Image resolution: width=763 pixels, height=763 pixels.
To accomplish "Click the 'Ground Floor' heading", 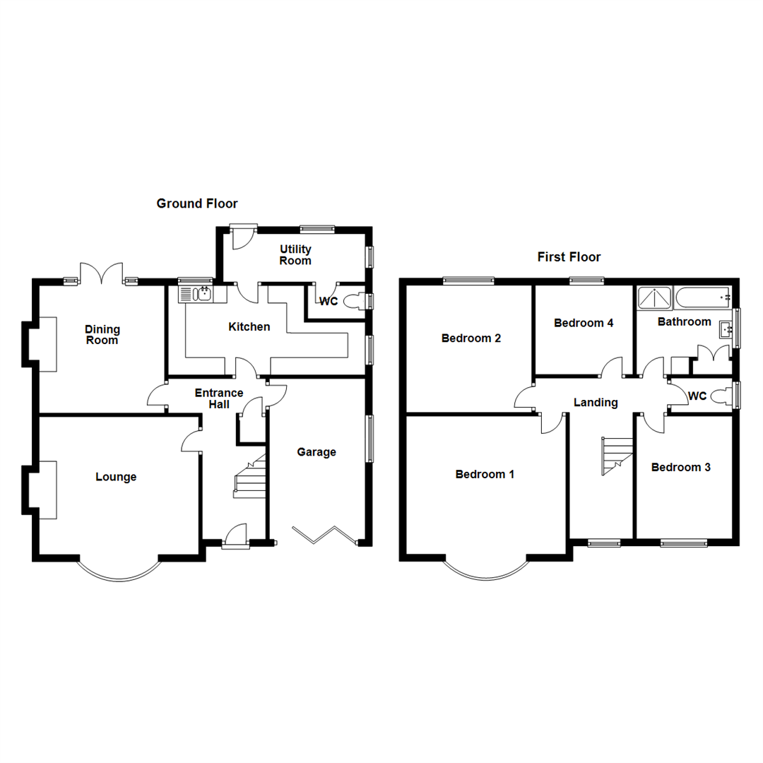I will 197,203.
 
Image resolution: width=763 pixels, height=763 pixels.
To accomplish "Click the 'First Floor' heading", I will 569,256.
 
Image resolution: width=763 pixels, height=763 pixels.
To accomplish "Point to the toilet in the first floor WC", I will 721,396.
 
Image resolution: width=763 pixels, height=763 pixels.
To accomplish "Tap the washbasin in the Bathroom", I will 726,329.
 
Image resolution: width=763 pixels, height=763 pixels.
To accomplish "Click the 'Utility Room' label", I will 295,255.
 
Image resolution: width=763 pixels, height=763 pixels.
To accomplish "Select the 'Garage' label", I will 316,452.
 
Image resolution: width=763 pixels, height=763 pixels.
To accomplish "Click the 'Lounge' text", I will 116,477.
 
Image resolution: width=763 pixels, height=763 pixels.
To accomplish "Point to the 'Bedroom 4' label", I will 584,323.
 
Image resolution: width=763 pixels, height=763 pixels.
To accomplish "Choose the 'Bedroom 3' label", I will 681,467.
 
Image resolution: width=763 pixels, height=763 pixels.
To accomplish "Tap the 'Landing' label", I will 596,403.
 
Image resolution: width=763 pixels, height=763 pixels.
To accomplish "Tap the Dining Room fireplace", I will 47,343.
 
